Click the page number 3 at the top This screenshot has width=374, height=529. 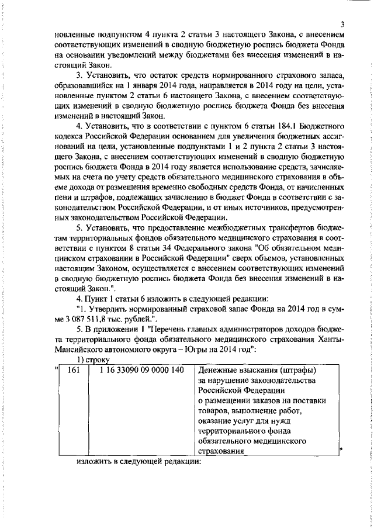(x=344, y=23)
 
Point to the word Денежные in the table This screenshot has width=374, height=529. (x=216, y=354)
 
